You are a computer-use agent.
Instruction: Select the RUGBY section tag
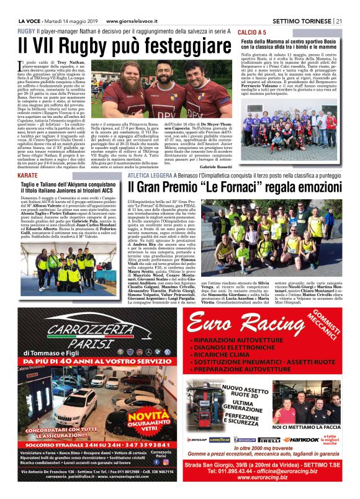pos(27,30)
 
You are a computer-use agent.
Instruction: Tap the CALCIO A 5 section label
pos(253,31)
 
